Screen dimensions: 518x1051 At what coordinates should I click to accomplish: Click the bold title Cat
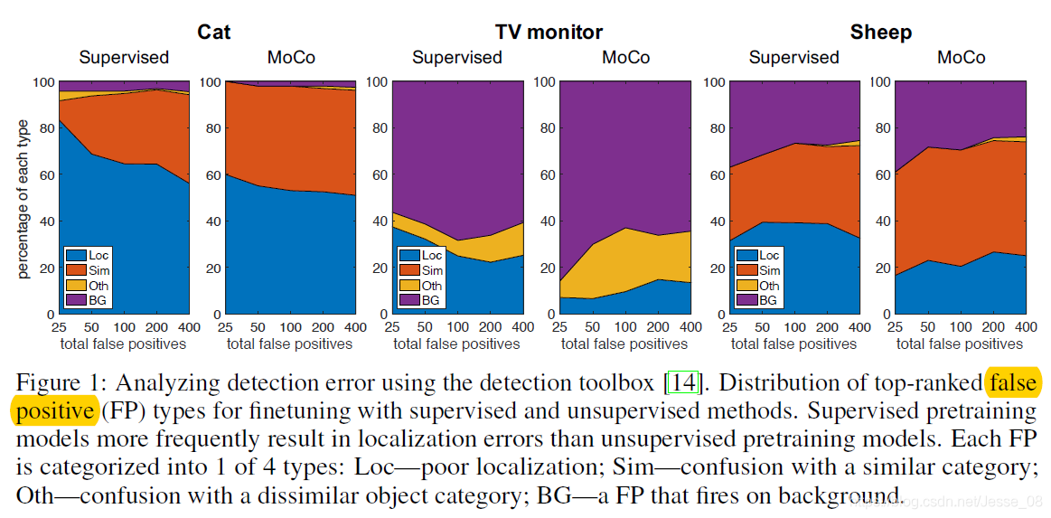coord(214,33)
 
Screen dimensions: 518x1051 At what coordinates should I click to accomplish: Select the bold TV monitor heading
coord(549,33)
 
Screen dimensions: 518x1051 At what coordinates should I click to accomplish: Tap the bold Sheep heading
coord(880,33)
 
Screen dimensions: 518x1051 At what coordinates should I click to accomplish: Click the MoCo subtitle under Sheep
coord(961,58)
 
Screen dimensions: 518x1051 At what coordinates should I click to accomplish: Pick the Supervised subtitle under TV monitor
coord(457,58)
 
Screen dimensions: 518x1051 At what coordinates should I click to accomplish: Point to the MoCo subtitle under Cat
coord(291,58)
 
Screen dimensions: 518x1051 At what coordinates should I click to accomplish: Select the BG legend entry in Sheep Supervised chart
coord(769,299)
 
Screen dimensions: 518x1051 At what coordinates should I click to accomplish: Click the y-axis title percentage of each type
coord(24,197)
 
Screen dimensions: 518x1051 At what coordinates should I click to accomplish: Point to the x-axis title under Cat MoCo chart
coord(289,344)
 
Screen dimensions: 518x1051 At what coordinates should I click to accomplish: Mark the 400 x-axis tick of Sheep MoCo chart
coord(1025,326)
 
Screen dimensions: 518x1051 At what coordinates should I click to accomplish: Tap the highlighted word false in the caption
coord(1013,383)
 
